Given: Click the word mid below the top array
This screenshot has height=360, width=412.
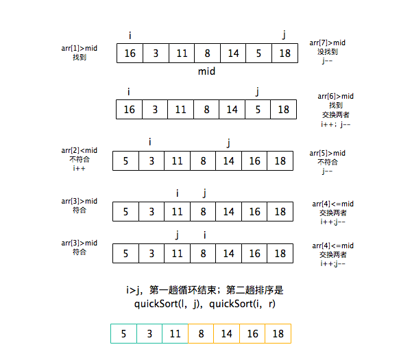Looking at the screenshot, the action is (207, 71).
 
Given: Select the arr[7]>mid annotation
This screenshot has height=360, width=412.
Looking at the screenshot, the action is (328, 42).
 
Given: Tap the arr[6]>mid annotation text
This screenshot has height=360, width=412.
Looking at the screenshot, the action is (336, 96).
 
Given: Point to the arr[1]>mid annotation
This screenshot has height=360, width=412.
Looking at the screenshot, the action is (79, 48).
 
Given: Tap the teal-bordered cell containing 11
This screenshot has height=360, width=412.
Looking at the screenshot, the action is (175, 334).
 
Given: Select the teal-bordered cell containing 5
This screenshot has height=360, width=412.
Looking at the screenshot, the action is (123, 334).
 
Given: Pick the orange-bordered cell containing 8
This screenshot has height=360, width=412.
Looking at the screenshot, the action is (200, 334).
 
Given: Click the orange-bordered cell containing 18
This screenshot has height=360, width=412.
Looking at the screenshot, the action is (278, 334).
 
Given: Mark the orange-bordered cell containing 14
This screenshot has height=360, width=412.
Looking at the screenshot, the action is (226, 334).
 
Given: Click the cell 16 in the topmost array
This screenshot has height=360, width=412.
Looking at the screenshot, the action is (130, 53).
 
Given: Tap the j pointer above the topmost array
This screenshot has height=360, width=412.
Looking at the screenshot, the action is (284, 35).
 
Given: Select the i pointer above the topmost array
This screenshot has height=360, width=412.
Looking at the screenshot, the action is (130, 35).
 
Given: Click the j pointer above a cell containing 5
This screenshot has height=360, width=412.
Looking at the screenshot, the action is (258, 91).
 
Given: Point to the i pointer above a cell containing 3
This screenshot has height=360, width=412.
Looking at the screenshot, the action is (150, 142).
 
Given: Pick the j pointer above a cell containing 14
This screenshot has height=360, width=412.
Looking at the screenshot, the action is (228, 143).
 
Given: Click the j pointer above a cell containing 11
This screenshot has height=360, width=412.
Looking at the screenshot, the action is (177, 235).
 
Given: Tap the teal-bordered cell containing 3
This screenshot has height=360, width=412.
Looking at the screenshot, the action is (149, 334).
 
